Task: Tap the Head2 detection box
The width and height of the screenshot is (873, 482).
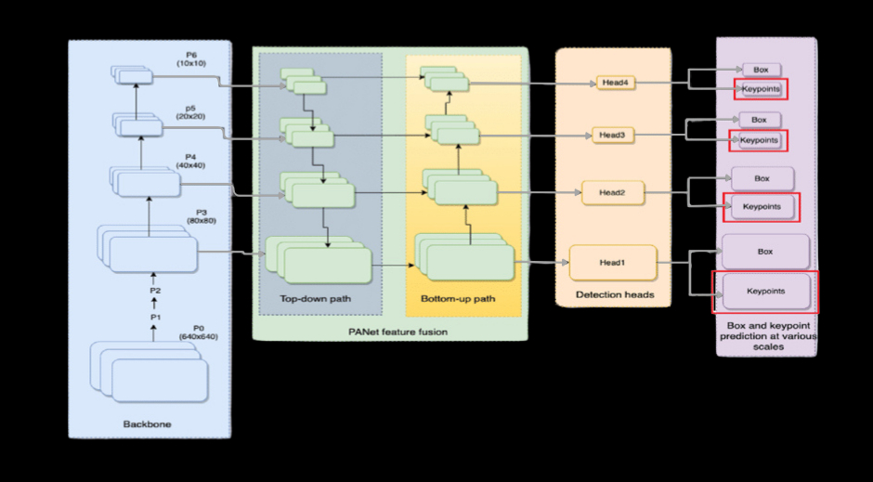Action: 612,192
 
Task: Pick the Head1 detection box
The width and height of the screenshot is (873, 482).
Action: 612,263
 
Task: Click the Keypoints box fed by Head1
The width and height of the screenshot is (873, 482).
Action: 765,292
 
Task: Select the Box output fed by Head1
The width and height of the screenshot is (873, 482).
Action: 765,252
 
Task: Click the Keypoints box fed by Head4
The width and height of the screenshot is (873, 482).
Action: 761,89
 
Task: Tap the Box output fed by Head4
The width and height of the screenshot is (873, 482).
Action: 762,70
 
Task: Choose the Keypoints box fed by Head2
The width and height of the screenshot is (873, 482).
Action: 762,206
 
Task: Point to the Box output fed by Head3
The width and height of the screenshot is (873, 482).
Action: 759,120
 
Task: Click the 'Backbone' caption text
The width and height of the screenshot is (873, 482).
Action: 147,424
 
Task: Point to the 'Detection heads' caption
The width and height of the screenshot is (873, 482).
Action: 614,294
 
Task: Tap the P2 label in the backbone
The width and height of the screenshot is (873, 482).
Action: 155,291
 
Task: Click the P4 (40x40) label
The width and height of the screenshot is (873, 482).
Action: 190,161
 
